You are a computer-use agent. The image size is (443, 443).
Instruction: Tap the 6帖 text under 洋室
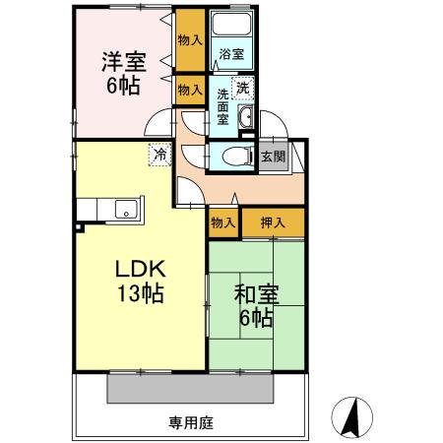pos(123,86)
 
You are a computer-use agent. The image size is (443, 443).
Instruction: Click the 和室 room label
pos(255,293)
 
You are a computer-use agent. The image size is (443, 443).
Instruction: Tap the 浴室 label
pos(231,54)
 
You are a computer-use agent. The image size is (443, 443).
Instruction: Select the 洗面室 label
pos(223,105)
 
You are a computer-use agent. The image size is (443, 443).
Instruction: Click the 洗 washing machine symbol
pos(244,88)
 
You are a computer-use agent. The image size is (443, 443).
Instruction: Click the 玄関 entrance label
pos(274,157)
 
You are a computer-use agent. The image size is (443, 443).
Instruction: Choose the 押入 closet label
pos(274,222)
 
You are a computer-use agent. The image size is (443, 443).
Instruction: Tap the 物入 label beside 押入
pos(223,222)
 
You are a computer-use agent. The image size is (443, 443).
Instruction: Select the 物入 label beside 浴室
pos(189,40)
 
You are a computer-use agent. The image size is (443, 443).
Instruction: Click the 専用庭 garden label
pos(191,423)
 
